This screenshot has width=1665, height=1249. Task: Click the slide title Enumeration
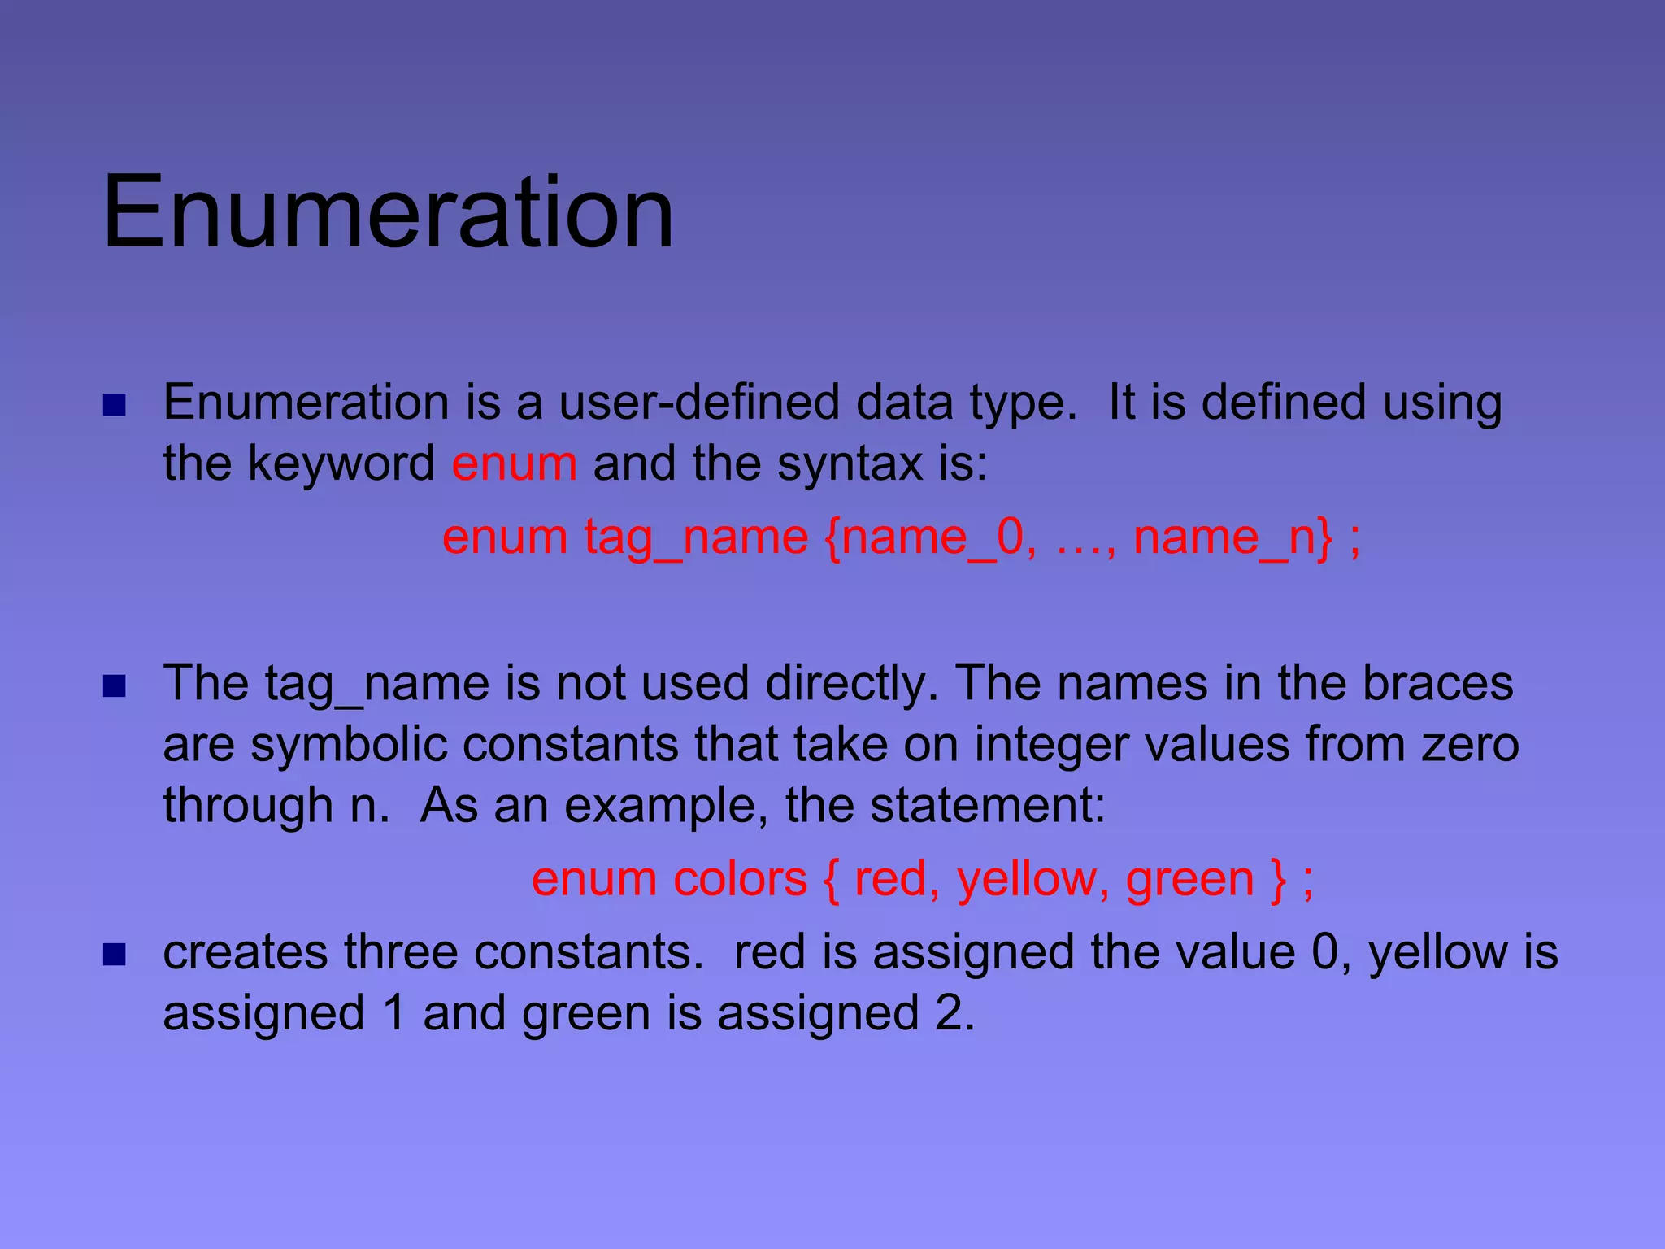388,213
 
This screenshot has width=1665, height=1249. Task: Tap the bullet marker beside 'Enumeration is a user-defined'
115,405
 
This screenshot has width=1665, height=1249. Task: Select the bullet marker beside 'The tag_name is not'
115,686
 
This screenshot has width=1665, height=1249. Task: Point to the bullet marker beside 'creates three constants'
115,955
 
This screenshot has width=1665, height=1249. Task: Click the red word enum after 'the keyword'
514,463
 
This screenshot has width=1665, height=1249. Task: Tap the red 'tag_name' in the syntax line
696,537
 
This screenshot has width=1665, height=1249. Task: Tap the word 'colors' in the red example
740,879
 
